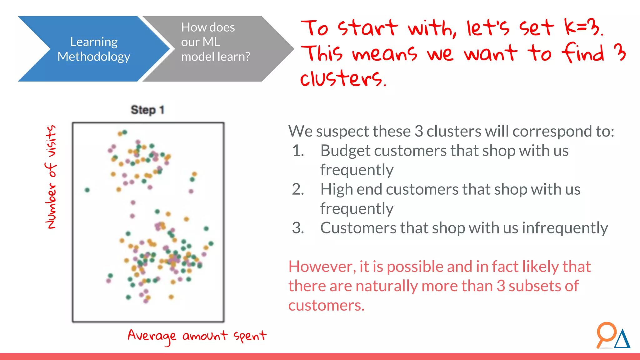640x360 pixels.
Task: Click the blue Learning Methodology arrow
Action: pyautogui.click(x=94, y=49)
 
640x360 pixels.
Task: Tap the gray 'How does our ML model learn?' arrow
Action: pyautogui.click(x=216, y=49)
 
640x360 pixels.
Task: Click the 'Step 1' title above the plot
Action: pyautogui.click(x=147, y=110)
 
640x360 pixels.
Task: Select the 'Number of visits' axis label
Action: pyautogui.click(x=51, y=177)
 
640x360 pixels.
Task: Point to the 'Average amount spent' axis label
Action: pyautogui.click(x=197, y=336)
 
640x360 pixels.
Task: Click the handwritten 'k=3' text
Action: pyautogui.click(x=583, y=27)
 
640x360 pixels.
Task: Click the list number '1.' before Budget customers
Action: pyautogui.click(x=298, y=151)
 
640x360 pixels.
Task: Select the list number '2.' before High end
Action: pyautogui.click(x=298, y=189)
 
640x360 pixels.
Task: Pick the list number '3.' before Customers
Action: pyautogui.click(x=298, y=228)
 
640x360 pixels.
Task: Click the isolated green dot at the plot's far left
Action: pyautogui.click(x=87, y=190)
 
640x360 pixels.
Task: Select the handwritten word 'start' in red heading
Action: pyautogui.click(x=367, y=27)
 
